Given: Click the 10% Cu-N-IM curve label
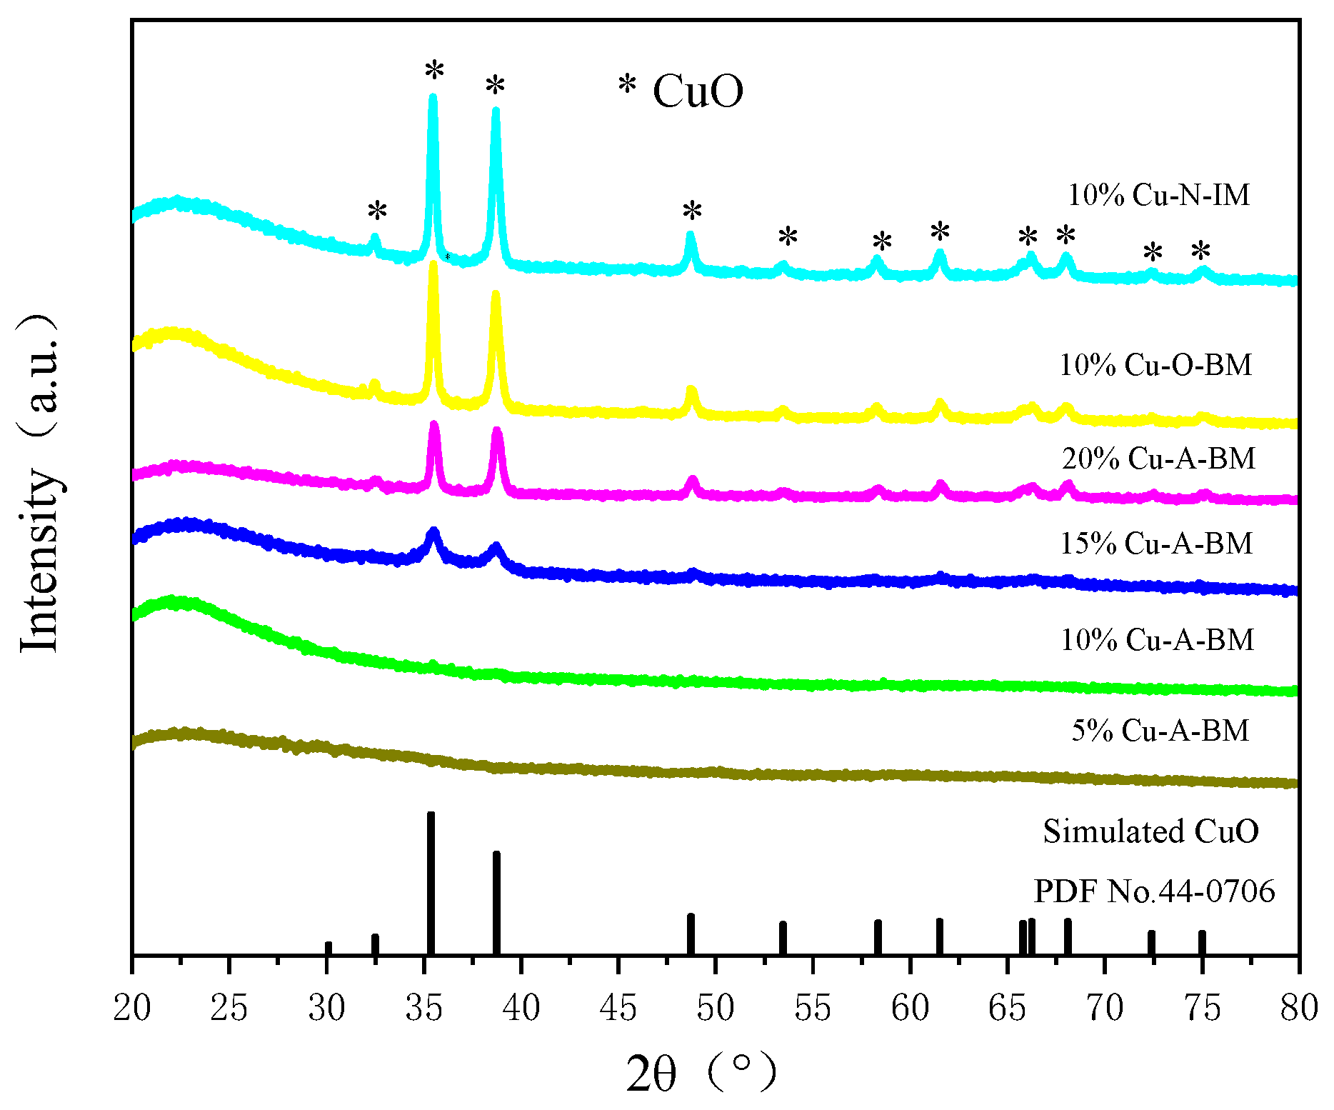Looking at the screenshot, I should [x=1158, y=195].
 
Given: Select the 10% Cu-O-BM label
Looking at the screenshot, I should [x=1155, y=365].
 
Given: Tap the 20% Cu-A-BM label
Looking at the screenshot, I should [x=1158, y=458].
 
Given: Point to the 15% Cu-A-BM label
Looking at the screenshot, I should [x=1156, y=544].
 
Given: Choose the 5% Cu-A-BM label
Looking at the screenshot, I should [x=1160, y=730].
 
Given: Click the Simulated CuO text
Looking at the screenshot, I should [x=1150, y=831].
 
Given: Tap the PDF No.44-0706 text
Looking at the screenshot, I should [x=1154, y=891].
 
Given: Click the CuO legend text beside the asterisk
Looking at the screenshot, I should [x=698, y=91].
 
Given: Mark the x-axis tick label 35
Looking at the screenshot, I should [x=424, y=1008].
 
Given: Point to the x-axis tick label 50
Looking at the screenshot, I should [x=716, y=1008].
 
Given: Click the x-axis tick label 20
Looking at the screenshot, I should [x=132, y=1008].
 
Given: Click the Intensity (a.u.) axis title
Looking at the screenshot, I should [x=39, y=482].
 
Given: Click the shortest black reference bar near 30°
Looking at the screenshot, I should [x=329, y=948].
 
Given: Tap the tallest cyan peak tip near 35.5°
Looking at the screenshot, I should [x=432, y=98].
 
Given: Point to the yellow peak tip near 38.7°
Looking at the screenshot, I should [x=496, y=294].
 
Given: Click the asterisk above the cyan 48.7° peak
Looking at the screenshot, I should [x=692, y=211].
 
